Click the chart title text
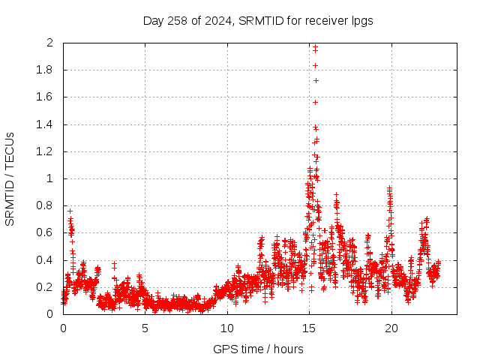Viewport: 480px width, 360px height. coord(258,20)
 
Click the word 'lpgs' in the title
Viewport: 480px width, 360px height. coord(361,20)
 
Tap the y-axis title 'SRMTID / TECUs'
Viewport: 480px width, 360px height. coord(10,178)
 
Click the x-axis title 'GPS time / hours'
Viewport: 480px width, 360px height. coord(258,349)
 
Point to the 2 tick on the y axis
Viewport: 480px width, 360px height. coord(49,43)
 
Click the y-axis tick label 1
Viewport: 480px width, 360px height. coord(49,179)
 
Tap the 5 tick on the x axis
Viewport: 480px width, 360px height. coord(145,328)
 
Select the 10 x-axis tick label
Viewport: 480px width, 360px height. coord(227,328)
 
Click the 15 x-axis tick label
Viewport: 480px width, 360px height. coord(309,328)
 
